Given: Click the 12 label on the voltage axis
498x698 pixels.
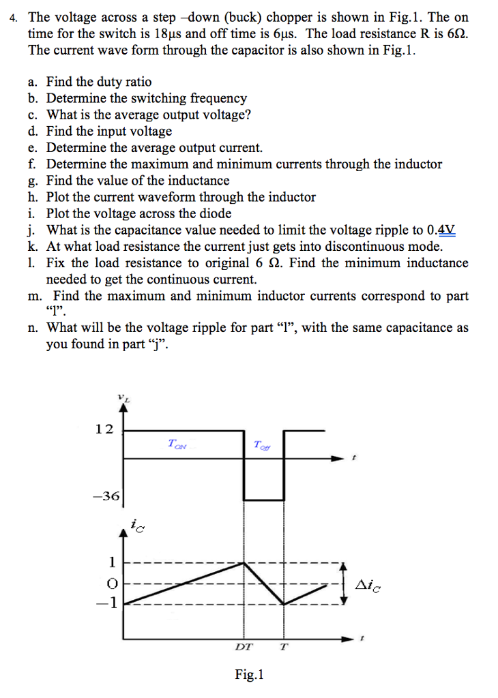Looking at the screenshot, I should (104, 429).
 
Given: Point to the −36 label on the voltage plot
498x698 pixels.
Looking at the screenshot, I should (107, 496).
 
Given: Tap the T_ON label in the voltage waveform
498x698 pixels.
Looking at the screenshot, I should (177, 444).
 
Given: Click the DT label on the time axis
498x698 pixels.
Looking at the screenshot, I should (243, 646).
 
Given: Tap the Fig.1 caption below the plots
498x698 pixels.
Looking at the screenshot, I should (249, 675).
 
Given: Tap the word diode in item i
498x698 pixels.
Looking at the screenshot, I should (214, 213).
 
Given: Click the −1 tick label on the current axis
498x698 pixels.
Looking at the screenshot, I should (109, 603).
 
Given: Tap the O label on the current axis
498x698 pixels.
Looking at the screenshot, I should (113, 583).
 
